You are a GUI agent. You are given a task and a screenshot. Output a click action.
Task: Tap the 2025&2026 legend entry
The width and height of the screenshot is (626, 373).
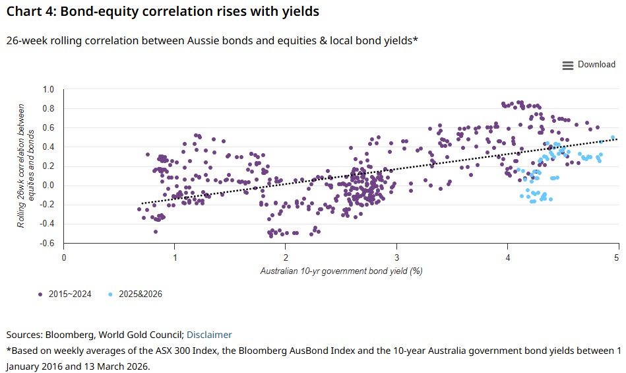point(137,294)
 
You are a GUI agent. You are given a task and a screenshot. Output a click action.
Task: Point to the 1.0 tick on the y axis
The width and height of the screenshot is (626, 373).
point(48,89)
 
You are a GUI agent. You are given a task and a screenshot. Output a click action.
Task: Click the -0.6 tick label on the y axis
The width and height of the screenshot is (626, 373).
point(47,244)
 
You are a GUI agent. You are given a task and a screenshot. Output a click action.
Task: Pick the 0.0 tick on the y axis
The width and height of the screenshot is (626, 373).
point(48,186)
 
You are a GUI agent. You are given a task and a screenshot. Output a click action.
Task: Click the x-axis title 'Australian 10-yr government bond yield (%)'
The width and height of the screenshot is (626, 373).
point(341,271)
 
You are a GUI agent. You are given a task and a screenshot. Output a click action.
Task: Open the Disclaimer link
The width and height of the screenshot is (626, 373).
point(209,335)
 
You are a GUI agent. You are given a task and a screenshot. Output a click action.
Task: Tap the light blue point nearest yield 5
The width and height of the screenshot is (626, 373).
point(613,138)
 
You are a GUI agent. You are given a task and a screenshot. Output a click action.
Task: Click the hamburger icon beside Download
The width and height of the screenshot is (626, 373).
point(567,65)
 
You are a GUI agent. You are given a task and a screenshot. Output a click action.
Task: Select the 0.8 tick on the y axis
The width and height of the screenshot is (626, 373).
point(48,108)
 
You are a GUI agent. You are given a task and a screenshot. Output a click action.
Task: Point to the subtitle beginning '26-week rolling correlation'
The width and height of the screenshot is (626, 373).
point(212,41)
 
